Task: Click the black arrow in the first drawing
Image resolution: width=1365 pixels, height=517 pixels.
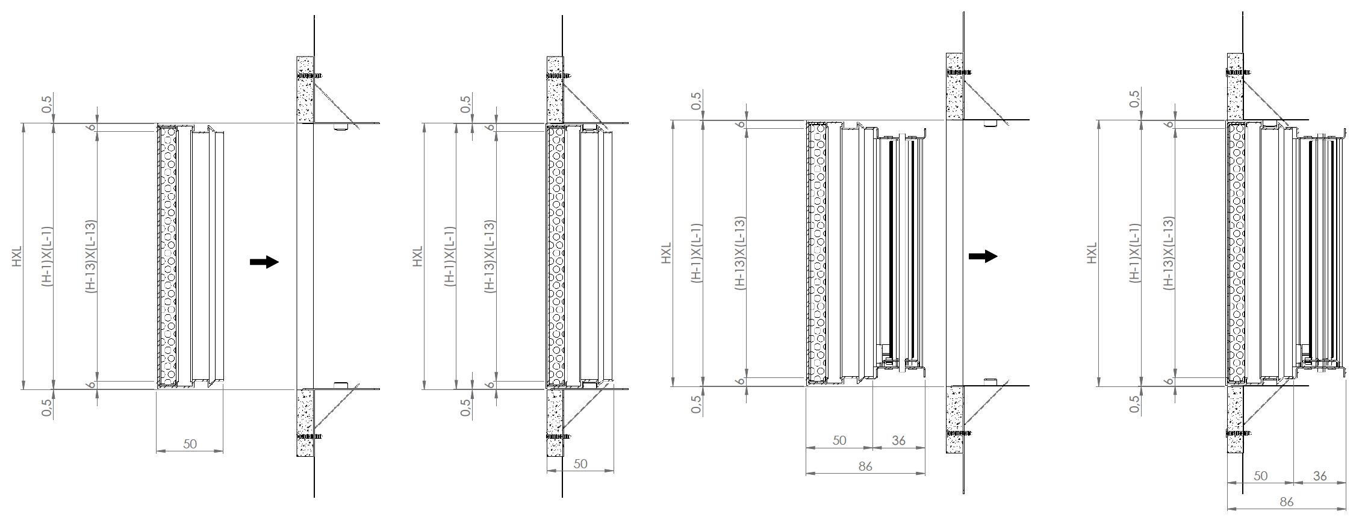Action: (264, 262)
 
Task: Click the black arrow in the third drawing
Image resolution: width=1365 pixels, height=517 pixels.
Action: (983, 256)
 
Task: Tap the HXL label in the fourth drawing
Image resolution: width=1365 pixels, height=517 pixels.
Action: (1092, 253)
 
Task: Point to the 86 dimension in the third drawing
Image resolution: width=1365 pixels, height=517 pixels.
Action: (865, 466)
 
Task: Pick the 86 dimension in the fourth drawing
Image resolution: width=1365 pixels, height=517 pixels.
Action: (1286, 501)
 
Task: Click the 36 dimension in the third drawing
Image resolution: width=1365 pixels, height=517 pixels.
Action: (898, 441)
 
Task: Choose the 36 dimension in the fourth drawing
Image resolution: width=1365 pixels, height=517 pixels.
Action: (1320, 476)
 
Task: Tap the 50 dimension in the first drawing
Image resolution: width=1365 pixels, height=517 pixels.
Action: (190, 444)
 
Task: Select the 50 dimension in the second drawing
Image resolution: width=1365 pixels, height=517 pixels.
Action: (580, 464)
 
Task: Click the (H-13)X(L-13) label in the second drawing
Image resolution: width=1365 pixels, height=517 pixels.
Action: (490, 256)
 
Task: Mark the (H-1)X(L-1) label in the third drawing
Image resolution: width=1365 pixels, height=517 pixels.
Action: (697, 253)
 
